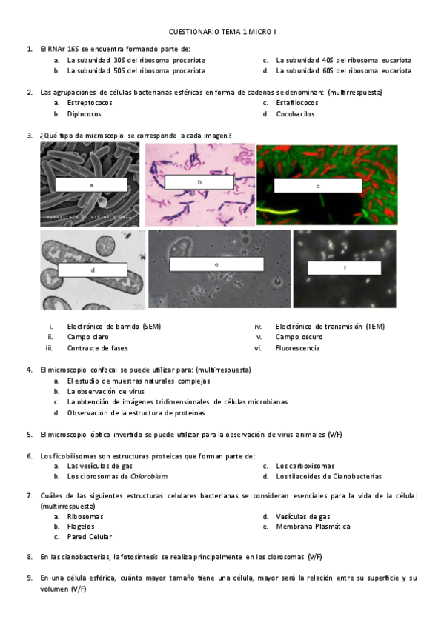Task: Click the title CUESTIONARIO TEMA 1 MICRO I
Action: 222,32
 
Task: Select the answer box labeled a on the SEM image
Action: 90,185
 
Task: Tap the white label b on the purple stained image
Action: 199,181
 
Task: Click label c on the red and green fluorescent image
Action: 317,186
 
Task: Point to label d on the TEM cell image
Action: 92,270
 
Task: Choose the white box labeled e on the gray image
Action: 216,264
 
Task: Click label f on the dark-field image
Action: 344,269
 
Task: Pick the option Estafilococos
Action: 296,103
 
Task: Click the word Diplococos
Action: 84,114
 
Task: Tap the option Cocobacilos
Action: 295,114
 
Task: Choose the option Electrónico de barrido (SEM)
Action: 113,326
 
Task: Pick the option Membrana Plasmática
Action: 313,527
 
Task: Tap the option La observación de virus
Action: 105,391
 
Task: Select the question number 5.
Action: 29,435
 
